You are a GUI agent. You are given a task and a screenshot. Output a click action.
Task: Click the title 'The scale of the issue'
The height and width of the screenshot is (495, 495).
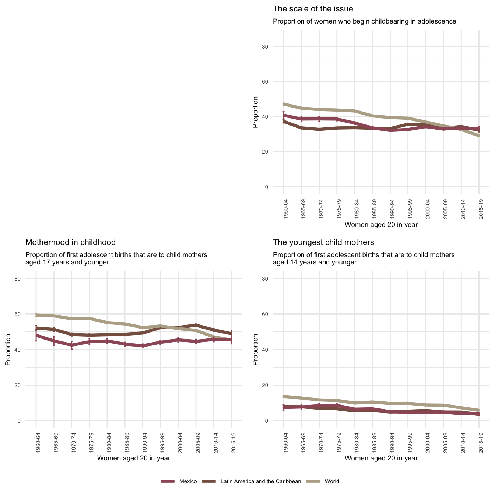(313, 9)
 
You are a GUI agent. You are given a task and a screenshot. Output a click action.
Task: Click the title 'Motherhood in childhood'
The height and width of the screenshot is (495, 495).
(70, 242)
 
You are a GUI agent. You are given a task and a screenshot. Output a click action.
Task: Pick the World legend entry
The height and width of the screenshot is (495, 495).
(331, 481)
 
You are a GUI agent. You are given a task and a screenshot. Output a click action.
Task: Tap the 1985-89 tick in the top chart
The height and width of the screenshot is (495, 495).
(373, 210)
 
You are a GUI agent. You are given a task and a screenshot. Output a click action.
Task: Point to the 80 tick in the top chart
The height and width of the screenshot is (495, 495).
(275, 47)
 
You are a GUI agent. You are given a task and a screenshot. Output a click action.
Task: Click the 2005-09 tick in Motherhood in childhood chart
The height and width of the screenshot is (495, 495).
(196, 444)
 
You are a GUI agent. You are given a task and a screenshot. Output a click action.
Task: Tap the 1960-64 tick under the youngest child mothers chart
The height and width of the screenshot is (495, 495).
(284, 444)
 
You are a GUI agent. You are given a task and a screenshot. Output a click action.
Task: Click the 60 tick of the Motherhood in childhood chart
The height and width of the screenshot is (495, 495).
(28, 314)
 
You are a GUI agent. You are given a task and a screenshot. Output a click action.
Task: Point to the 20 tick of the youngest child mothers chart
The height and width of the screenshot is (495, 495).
(275, 385)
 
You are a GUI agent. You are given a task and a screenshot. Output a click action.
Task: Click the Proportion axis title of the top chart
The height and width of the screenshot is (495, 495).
(255, 112)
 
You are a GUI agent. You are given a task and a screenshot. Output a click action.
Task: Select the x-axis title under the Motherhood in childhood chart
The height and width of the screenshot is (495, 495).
(133, 458)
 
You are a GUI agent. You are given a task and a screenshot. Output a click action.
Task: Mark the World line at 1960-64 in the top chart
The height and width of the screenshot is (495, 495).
(284, 104)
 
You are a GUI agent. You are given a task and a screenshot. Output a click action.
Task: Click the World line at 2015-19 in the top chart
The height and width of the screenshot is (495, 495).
(479, 136)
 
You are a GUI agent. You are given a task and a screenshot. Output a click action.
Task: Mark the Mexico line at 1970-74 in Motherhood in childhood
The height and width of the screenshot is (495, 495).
(72, 345)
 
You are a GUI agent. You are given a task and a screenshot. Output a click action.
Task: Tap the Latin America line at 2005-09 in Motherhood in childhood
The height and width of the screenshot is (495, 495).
(196, 325)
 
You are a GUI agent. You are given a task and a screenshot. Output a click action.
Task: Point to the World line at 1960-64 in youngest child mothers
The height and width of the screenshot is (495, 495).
(284, 396)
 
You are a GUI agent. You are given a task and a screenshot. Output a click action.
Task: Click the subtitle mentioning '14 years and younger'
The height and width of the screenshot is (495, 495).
(364, 259)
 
